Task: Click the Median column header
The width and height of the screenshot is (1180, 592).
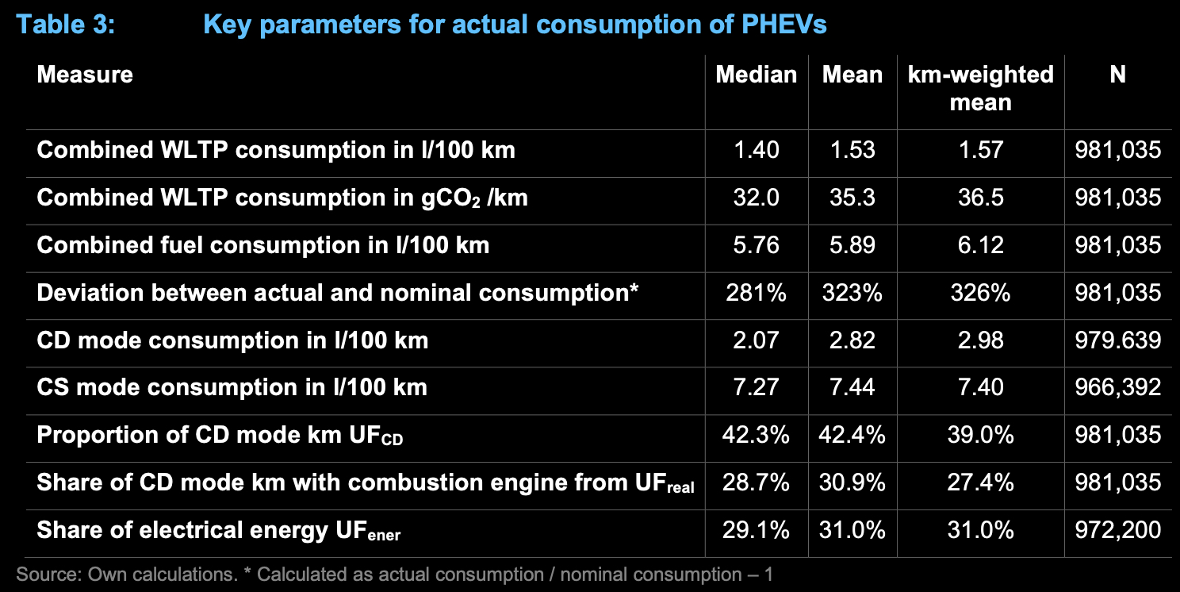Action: pyautogui.click(x=756, y=75)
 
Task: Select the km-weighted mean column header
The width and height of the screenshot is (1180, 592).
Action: pyautogui.click(x=980, y=88)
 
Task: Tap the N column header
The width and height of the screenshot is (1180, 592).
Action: pyautogui.click(x=1117, y=75)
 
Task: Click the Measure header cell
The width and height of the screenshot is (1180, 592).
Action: pyautogui.click(x=85, y=75)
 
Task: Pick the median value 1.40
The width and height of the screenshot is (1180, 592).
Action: pyautogui.click(x=756, y=150)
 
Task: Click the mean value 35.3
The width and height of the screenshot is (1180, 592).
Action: pyautogui.click(x=852, y=198)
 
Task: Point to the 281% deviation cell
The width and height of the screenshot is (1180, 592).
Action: pyautogui.click(x=756, y=293)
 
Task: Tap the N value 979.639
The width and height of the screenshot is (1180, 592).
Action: pyautogui.click(x=1118, y=340)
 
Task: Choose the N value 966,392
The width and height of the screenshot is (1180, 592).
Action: pyautogui.click(x=1118, y=387)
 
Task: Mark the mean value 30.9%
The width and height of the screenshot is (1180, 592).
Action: pyautogui.click(x=852, y=482)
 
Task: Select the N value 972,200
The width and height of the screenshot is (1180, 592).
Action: pyautogui.click(x=1118, y=529)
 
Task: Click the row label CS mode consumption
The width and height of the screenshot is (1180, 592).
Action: pyautogui.click(x=232, y=387)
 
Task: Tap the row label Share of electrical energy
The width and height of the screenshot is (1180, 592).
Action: pyautogui.click(x=219, y=530)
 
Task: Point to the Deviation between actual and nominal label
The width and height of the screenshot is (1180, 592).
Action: pyautogui.click(x=338, y=293)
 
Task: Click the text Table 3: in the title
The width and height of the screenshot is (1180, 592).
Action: pyautogui.click(x=66, y=24)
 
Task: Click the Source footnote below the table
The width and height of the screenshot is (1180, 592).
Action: pyautogui.click(x=394, y=574)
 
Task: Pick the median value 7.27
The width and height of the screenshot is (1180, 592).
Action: pyautogui.click(x=756, y=387)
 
